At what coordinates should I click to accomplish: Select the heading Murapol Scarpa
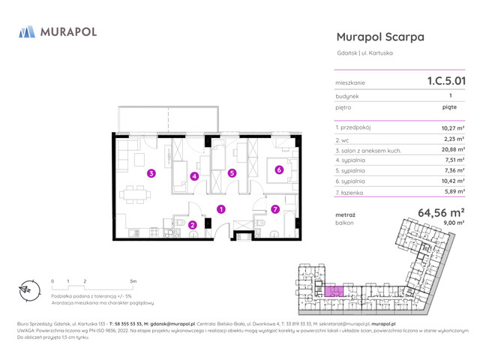[x=380, y=37]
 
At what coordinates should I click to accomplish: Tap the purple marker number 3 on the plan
[x=151, y=173]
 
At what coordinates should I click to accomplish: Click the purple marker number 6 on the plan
[x=278, y=169]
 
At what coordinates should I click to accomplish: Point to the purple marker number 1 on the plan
[x=220, y=209]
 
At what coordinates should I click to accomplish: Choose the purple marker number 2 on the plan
[x=192, y=223]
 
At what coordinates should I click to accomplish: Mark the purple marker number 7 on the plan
[x=275, y=209]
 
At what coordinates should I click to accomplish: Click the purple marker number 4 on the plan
[x=194, y=176]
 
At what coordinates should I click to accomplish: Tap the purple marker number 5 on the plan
[x=232, y=173]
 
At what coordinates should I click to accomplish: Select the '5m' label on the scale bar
[x=133, y=281]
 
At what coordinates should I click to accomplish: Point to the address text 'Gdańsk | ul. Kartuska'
[x=364, y=52]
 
